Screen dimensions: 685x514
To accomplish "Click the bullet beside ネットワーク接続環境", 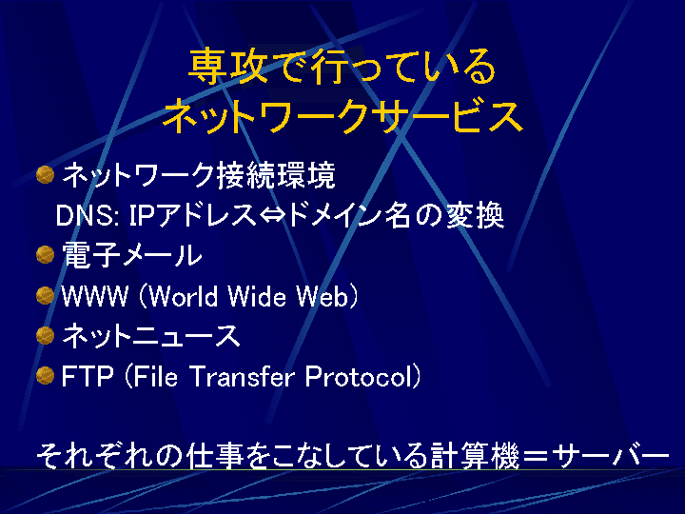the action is [45, 175].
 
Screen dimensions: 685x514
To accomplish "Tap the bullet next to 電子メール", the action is [45, 255].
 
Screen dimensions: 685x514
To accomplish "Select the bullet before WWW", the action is [45, 295].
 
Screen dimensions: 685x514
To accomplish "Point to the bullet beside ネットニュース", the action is [45, 335].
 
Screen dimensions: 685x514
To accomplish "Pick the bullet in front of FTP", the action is [45, 375].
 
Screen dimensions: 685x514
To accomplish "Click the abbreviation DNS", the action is [86, 215].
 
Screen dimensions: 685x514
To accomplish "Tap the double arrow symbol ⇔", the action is [273, 215].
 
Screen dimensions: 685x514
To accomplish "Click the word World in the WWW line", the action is [185, 296].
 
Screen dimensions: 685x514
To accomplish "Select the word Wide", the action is [257, 296].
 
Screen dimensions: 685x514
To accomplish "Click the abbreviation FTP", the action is [88, 376].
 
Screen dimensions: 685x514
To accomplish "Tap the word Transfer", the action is [242, 376].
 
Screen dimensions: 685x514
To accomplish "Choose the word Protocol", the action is [359, 376].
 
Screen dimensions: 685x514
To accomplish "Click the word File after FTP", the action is [155, 376].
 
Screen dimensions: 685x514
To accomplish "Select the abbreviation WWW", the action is [95, 296].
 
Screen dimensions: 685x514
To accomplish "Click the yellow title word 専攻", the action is [228, 67].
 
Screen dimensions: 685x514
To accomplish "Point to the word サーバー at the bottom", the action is [610, 456].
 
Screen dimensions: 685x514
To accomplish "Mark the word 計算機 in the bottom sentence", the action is [475, 456].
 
